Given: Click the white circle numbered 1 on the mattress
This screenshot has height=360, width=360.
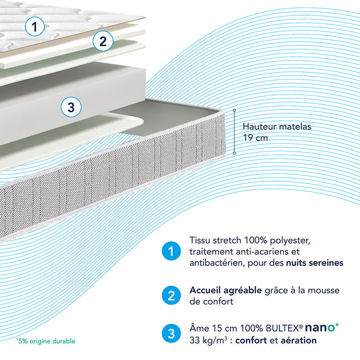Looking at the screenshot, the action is click(35, 27).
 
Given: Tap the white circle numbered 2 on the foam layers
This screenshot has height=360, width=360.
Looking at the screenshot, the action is click(103, 41).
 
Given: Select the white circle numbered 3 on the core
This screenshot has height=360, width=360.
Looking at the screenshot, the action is click(71, 107).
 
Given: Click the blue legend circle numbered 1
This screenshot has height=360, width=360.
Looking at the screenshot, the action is click(171, 251).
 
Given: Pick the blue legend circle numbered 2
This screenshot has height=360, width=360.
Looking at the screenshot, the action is click(171, 295).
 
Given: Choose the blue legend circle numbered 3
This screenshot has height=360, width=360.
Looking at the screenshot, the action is click(171, 333).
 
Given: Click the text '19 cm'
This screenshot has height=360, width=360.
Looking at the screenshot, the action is click(255, 138).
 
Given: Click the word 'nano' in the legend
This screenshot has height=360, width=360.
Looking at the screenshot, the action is click(319, 327).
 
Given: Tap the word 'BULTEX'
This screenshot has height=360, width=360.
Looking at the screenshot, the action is click(283, 328).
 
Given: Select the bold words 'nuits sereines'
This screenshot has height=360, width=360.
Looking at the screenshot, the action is click(315, 263).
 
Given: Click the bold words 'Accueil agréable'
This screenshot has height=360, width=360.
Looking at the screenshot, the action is click(225, 291).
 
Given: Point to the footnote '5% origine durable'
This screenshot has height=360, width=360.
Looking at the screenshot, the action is click(46, 341).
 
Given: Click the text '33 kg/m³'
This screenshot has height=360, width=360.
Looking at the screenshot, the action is click(209, 340).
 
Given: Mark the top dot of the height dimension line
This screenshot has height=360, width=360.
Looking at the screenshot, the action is click(235, 111).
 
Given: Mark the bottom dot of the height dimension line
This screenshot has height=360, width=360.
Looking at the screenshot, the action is click(235, 153).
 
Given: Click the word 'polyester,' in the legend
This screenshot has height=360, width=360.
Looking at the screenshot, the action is click(290, 241).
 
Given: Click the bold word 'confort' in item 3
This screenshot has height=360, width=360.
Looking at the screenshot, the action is click(251, 340).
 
